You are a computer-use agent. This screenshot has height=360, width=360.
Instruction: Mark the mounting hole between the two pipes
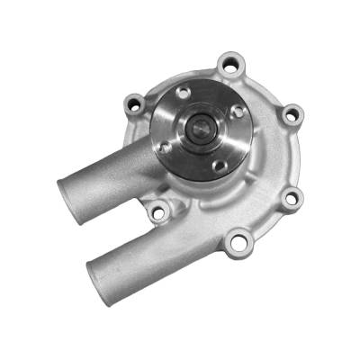coord(159,211)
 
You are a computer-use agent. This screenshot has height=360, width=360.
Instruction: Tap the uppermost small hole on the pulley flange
coord(183,93)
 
